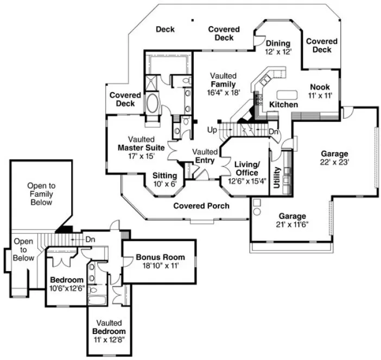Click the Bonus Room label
160,261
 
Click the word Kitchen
284,104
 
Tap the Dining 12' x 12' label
278,48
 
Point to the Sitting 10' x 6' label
164,179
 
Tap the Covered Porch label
201,206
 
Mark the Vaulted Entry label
205,156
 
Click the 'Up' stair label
212,131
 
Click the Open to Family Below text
41,194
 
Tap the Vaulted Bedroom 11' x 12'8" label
109,331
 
